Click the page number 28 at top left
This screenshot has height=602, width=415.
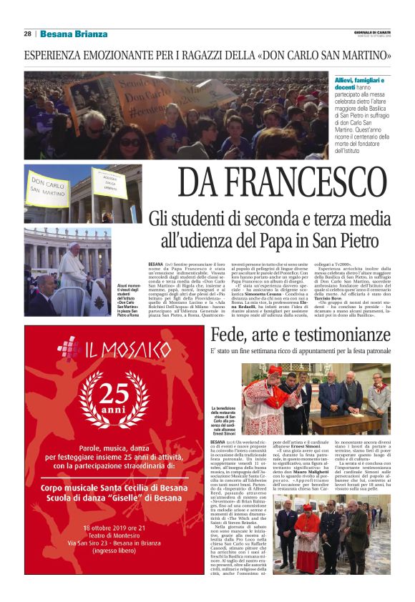point(27,34)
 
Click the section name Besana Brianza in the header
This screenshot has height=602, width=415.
point(74,34)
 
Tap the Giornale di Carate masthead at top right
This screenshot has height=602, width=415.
point(372,31)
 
